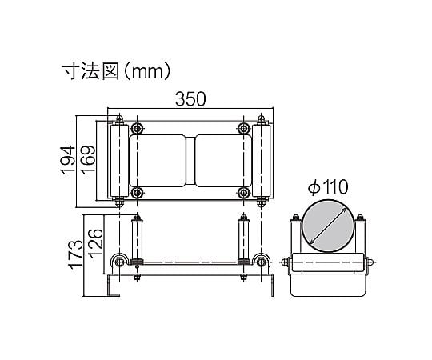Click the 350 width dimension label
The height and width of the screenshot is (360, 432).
click(x=190, y=99)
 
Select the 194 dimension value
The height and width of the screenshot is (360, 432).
click(x=68, y=160)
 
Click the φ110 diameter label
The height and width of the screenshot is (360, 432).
click(x=329, y=187)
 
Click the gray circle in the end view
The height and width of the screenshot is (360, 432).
click(x=328, y=226)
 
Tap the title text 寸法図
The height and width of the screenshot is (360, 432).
click(x=90, y=72)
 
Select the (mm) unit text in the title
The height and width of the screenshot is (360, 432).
click(x=146, y=72)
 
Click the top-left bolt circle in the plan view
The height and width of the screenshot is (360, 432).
click(x=137, y=128)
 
